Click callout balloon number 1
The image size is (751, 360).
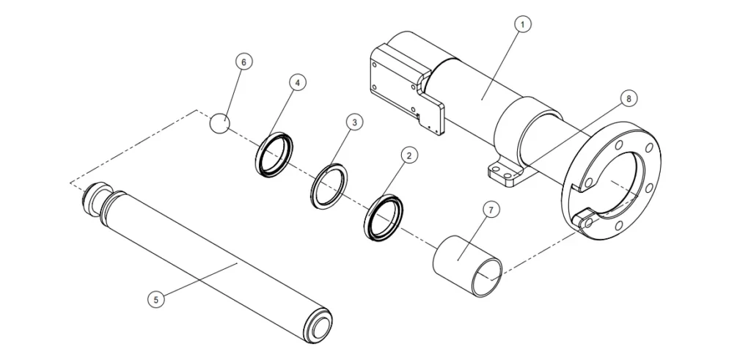tap(521, 24)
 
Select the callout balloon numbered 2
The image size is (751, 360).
tap(409, 155)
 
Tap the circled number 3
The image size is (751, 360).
tap(353, 122)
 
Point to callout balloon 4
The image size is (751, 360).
tap(296, 83)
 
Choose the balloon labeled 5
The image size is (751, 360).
tap(154, 298)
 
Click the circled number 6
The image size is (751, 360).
tap(243, 62)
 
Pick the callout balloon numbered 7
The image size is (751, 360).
tap(491, 209)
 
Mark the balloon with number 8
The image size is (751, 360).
tap(626, 98)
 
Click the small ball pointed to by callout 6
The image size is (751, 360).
tap(219, 123)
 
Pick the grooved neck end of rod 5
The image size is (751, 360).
tap(92, 199)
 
